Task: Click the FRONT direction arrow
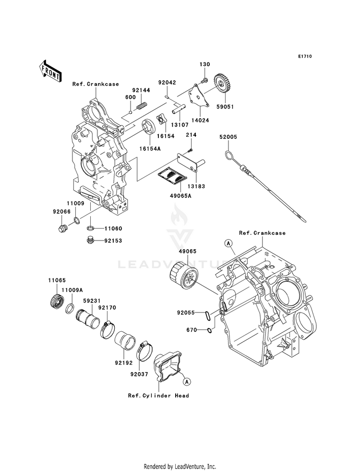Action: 50,71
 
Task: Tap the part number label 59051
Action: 226,107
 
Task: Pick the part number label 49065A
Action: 181,196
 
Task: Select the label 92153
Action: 113,241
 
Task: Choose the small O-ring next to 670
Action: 210,330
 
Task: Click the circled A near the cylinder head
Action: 187,382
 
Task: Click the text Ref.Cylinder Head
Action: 158,396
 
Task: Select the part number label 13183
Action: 197,186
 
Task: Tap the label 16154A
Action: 150,148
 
